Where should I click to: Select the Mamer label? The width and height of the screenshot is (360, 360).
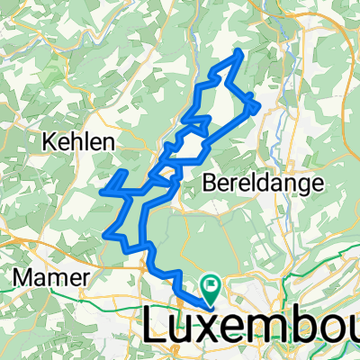click(x=50, y=277)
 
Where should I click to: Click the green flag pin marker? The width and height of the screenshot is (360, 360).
click(x=213, y=291)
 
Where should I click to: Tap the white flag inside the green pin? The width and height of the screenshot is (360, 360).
click(x=213, y=287)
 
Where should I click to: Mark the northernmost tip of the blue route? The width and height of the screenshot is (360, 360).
click(x=240, y=51)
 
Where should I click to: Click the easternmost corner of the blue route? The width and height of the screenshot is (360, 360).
click(x=261, y=107)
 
